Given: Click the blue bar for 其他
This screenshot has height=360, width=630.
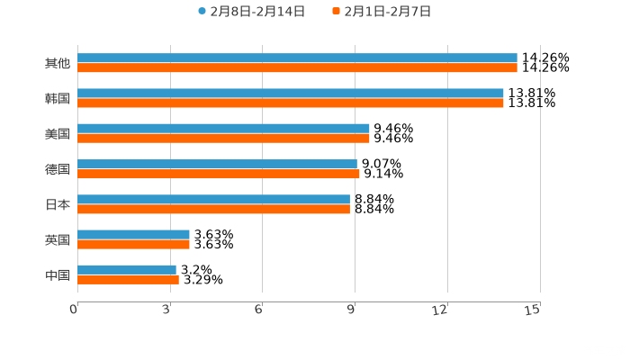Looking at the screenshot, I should [x=297, y=58].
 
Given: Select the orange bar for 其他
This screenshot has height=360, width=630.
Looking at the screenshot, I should [x=297, y=67].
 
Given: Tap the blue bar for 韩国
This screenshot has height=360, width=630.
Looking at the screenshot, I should [x=291, y=93].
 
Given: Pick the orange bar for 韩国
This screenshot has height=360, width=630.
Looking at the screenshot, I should [x=291, y=103].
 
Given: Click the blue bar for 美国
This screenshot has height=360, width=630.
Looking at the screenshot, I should [x=223, y=128].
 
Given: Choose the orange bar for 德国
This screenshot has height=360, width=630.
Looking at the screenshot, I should [x=219, y=174].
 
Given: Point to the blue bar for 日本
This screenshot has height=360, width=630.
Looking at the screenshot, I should [x=213, y=199].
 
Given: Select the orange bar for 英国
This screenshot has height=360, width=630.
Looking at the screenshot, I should [x=133, y=244].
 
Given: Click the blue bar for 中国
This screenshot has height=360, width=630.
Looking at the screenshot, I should [x=127, y=269].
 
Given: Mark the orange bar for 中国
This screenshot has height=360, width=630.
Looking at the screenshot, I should [x=128, y=279].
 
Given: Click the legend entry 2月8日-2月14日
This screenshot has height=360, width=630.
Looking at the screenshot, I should [x=251, y=12].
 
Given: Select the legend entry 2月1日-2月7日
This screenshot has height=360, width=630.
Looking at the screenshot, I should [x=382, y=12].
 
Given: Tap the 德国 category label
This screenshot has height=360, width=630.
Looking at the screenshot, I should [x=58, y=169].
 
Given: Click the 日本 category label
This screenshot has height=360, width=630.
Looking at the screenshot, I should [x=58, y=204].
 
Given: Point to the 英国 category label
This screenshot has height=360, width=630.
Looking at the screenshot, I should [x=58, y=239].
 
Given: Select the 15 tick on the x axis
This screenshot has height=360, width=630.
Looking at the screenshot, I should [x=533, y=310].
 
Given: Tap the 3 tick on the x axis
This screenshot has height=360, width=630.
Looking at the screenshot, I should [x=167, y=310].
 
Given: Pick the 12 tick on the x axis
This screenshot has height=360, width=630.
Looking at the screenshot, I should [x=440, y=310].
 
